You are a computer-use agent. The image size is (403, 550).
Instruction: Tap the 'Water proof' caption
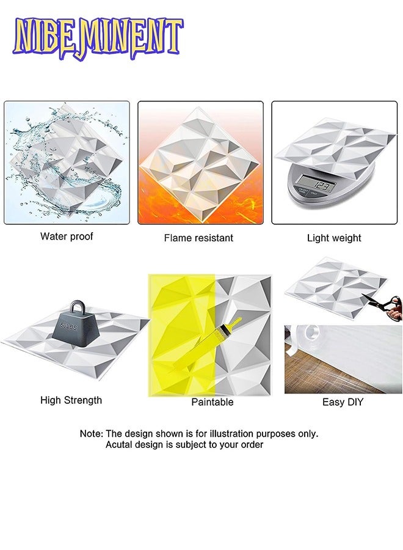67,237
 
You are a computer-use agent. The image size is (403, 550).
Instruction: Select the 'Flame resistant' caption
198,238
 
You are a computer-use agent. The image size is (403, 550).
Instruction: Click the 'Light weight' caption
334,238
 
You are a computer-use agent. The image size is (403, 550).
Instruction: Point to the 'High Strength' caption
71,400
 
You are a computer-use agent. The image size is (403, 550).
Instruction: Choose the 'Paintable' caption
212,402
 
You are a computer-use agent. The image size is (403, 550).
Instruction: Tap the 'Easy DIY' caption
343,402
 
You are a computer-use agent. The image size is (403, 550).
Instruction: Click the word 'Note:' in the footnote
92,433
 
